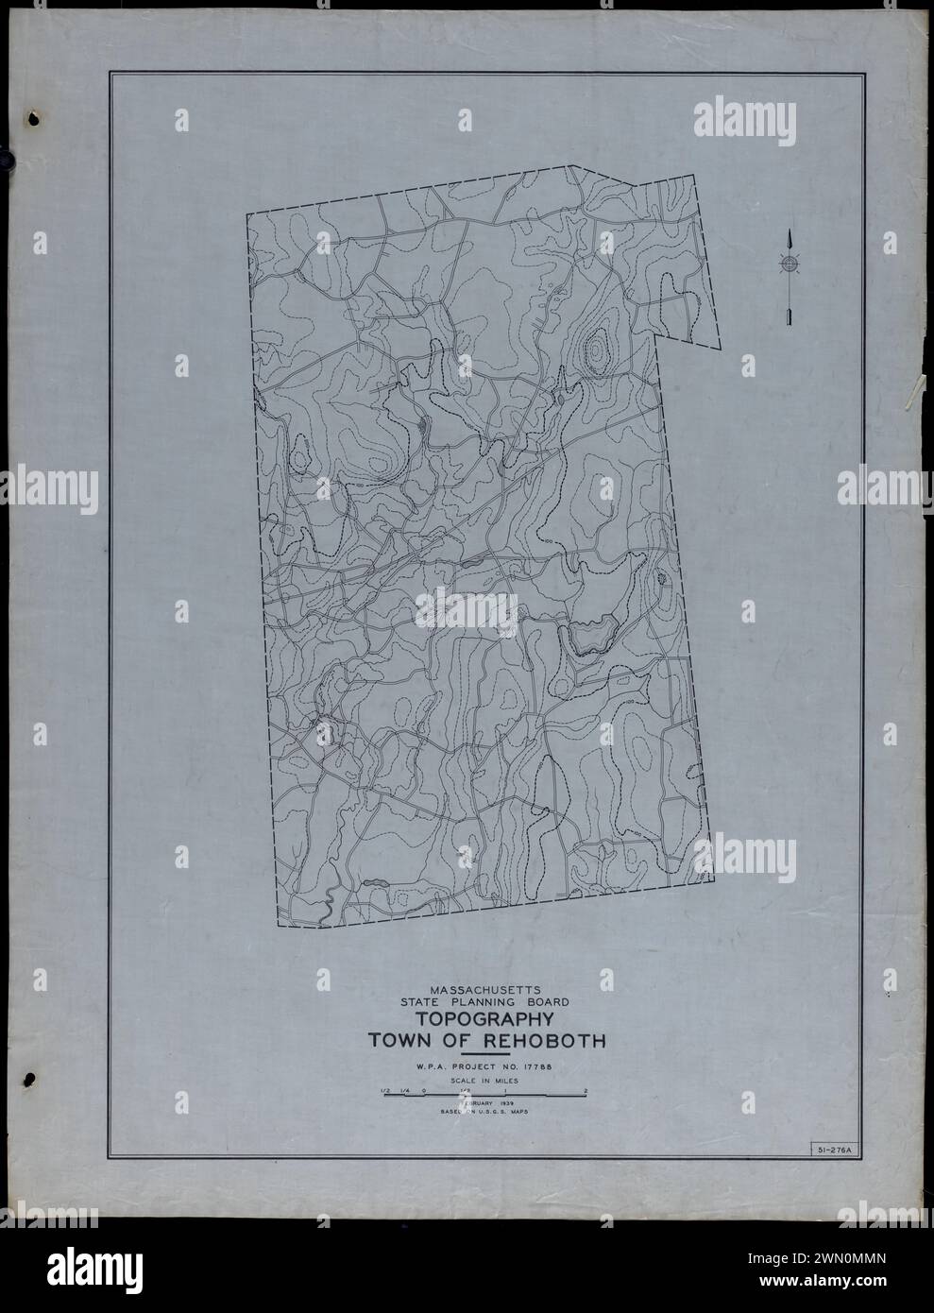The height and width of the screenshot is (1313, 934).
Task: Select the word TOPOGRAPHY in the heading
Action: [x=483, y=1020]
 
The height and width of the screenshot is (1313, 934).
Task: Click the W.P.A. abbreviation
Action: [x=431, y=1067]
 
